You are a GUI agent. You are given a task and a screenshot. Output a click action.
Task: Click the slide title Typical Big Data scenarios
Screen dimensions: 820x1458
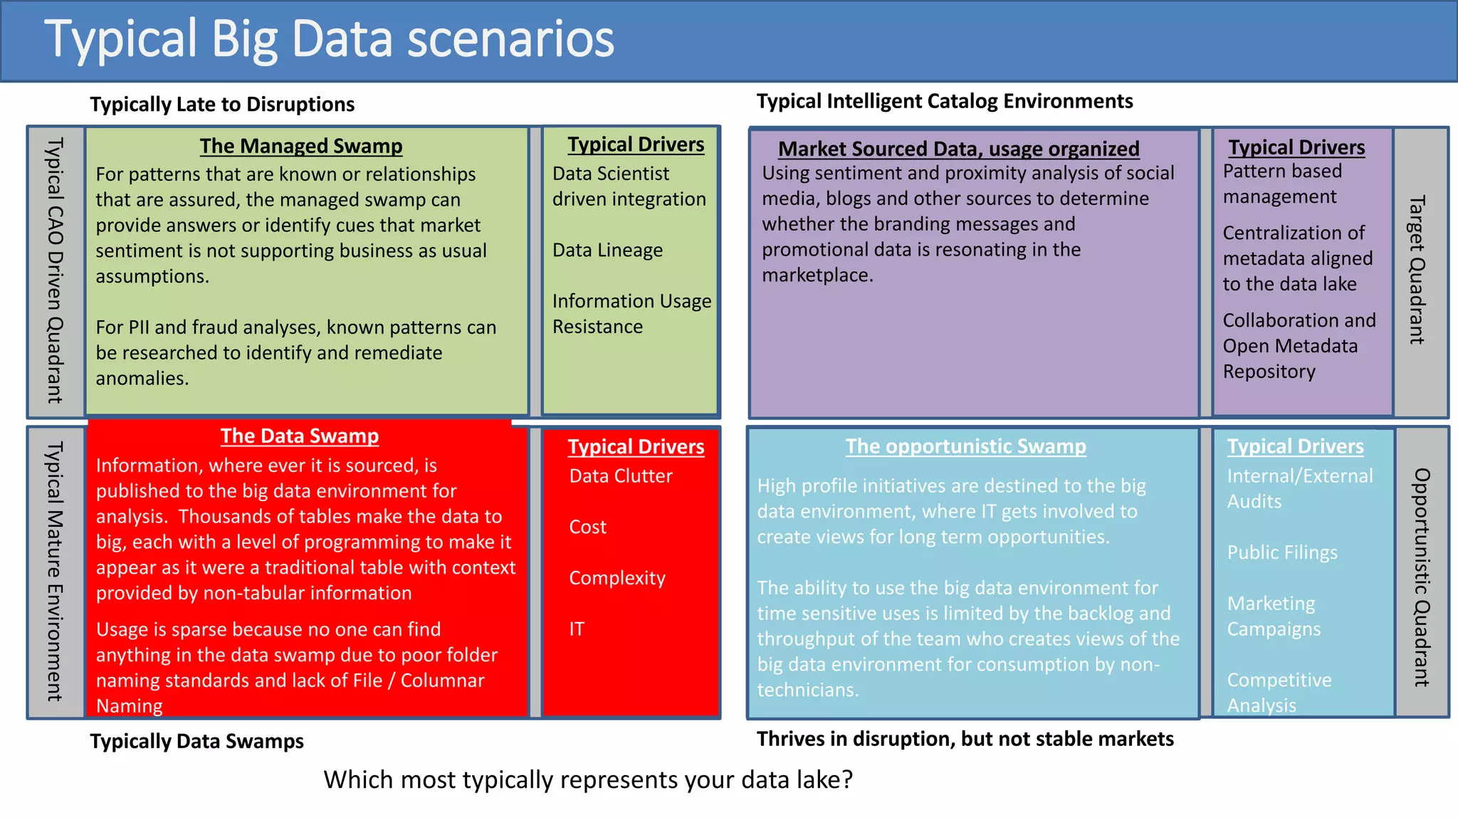(329, 39)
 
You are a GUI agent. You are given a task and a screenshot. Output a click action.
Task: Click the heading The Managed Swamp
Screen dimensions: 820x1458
(300, 146)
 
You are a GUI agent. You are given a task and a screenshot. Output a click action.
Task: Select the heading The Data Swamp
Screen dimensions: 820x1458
(299, 436)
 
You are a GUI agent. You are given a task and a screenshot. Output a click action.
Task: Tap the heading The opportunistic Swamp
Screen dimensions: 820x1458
(965, 446)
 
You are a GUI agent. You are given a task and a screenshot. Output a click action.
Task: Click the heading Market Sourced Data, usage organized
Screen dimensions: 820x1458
(958, 149)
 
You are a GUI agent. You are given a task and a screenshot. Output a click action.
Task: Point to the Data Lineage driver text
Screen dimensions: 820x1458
(607, 251)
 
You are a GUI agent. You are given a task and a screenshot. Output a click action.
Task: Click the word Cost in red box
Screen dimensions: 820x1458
(587, 527)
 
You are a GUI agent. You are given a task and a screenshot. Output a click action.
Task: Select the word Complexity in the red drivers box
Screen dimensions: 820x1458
(617, 578)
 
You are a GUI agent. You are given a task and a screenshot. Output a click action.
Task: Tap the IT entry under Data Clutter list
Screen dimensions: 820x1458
(577, 629)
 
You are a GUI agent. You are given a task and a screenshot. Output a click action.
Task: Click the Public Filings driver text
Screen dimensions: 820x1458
(1282, 553)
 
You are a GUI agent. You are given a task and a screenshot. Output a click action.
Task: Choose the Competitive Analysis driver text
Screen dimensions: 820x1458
(1279, 693)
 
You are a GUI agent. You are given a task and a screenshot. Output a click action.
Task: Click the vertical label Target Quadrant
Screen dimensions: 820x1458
(1417, 270)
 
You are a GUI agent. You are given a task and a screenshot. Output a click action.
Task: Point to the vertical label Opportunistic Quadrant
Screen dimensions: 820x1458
(1421, 577)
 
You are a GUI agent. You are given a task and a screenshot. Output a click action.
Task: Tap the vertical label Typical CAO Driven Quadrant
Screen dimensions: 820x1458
(55, 270)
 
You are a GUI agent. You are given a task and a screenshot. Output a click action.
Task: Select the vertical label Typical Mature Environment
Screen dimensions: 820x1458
(55, 571)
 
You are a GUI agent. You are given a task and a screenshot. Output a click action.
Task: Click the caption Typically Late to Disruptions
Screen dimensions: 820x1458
(222, 105)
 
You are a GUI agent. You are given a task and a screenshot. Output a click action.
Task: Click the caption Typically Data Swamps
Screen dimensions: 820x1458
(196, 742)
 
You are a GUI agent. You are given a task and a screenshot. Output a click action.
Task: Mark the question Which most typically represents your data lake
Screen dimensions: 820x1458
(588, 780)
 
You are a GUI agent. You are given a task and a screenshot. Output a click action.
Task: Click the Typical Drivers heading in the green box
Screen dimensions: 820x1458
(636, 144)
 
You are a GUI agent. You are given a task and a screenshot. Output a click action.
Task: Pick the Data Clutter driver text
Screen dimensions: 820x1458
(620, 476)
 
